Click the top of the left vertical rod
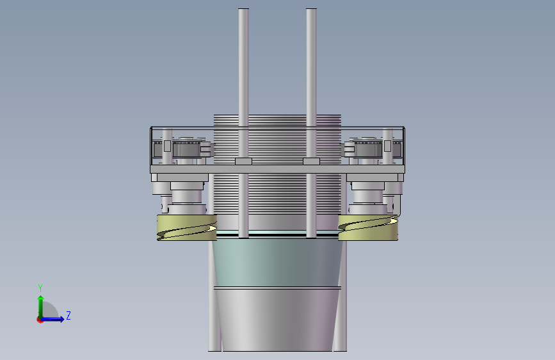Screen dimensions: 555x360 click(x=243, y=9)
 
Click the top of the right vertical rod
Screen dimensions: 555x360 click(x=311, y=9)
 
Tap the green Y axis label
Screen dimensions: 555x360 click(x=40, y=288)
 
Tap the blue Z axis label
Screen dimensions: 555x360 click(x=68, y=315)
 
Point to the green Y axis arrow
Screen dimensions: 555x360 click(x=41, y=307)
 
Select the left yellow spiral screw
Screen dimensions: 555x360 click(x=187, y=227)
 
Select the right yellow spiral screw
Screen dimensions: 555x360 click(x=368, y=227)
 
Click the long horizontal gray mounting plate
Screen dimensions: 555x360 click(x=278, y=169)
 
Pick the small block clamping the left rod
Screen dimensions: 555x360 click(x=243, y=161)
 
